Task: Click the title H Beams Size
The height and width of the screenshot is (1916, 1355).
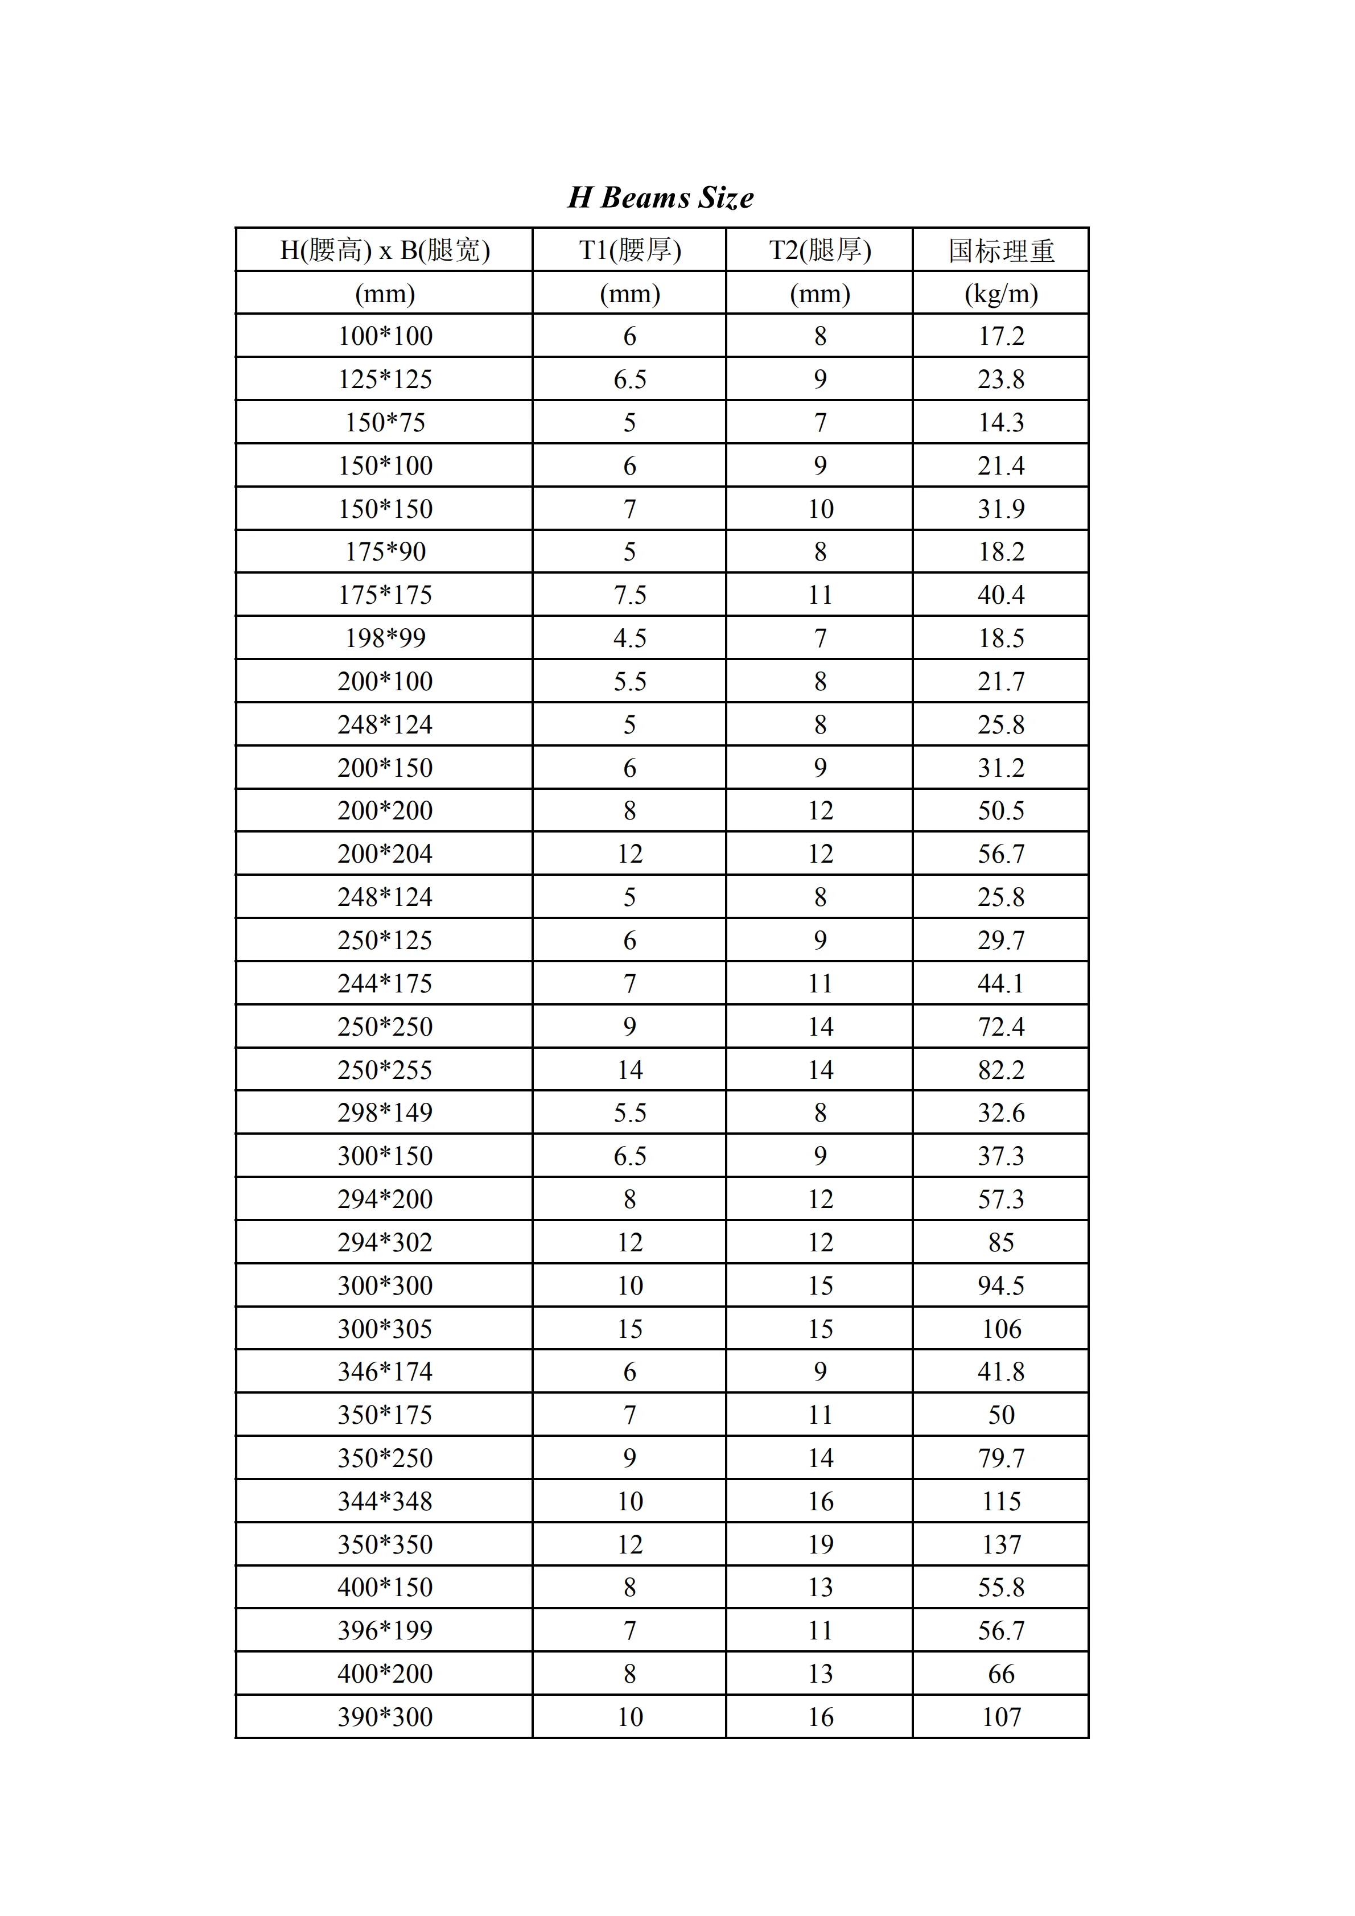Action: [x=661, y=198]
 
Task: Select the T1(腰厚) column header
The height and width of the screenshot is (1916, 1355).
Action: [x=630, y=249]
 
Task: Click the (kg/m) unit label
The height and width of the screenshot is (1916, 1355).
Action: [x=1001, y=293]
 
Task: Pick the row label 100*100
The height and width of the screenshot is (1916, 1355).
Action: [x=385, y=336]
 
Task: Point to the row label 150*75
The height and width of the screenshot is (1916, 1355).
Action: [x=385, y=422]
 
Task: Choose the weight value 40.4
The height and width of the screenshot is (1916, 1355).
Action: [x=1001, y=595]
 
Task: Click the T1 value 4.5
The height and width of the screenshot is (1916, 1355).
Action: [x=630, y=638]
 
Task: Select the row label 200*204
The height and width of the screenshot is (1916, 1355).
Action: [x=385, y=854]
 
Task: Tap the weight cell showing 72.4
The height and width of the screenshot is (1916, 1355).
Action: [x=1001, y=1027]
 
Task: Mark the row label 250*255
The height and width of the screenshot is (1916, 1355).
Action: [x=385, y=1070]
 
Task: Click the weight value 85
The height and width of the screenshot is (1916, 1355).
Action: [x=1001, y=1243]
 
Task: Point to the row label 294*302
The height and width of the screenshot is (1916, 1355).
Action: [x=385, y=1243]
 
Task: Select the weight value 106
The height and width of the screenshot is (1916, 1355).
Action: [x=1001, y=1329]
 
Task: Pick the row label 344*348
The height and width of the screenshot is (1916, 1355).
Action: [x=385, y=1501]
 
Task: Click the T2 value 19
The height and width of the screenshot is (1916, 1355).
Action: [x=820, y=1544]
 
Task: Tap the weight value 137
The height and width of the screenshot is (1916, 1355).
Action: [x=1001, y=1544]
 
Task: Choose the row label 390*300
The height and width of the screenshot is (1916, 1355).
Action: [x=385, y=1717]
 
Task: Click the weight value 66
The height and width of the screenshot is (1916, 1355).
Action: [x=1001, y=1674]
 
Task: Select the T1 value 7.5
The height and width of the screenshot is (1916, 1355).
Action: [x=630, y=595]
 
